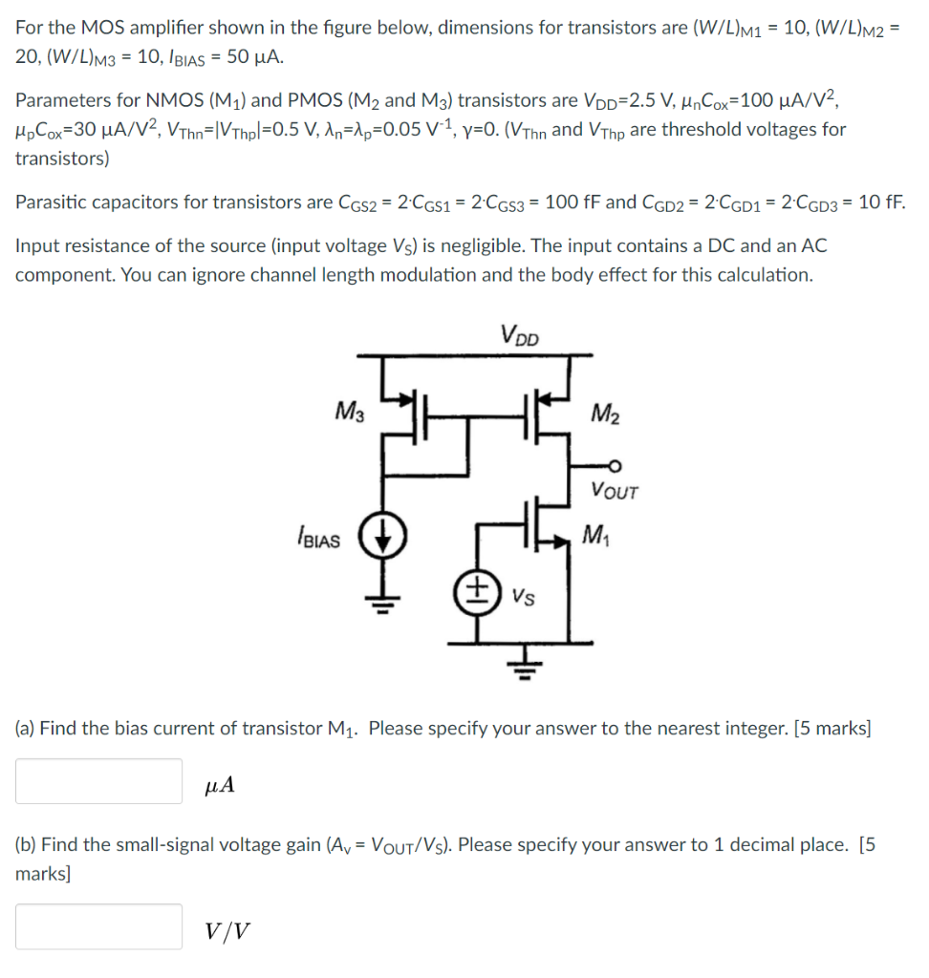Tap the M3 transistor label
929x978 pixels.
[349, 413]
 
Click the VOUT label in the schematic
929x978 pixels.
[615, 492]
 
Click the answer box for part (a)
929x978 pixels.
[98, 781]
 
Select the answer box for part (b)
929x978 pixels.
[98, 926]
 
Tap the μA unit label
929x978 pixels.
[220, 786]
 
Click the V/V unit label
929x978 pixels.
[230, 931]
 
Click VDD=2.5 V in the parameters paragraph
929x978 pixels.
[632, 100]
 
